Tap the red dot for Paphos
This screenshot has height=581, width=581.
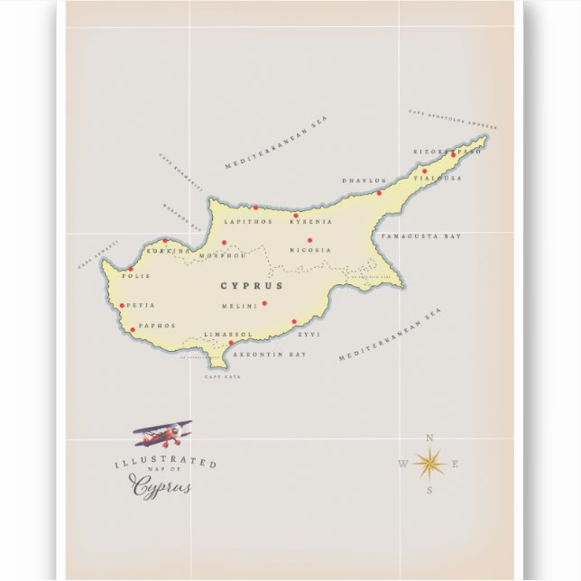point(133,329)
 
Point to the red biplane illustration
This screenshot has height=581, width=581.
point(162,434)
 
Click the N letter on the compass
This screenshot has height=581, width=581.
point(429,438)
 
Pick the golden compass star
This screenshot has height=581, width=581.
point(429,464)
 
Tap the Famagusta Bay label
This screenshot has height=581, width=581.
point(421,236)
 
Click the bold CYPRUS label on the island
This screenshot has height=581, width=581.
point(252,286)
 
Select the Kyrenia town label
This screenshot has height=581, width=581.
point(311,221)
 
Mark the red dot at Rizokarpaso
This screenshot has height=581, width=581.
point(453,154)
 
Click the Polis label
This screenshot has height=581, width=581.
point(135,276)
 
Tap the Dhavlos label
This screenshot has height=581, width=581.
point(364,180)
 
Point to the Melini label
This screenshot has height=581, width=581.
point(239,306)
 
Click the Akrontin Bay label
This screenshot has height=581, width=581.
point(270,355)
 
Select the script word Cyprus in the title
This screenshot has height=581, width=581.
point(162,487)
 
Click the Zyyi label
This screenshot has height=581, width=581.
point(309,334)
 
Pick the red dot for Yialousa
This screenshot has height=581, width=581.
point(425,171)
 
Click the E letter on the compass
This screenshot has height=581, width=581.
point(456,465)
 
